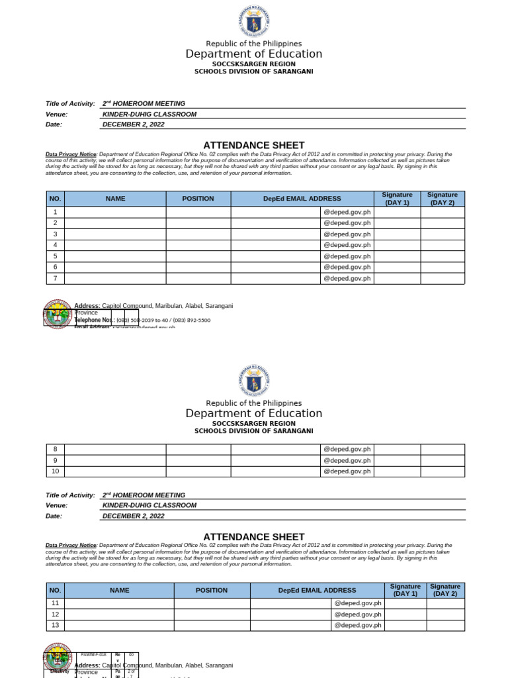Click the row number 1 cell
coord(56,212)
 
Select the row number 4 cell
coord(56,245)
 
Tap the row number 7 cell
coord(56,279)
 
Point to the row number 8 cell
coord(56,450)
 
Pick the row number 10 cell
coord(56,471)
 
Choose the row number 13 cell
coord(56,625)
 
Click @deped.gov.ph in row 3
coord(347,234)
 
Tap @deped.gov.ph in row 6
coord(347,267)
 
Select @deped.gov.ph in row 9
coord(347,460)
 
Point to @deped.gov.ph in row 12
coord(358,614)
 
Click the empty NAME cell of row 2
coord(115,223)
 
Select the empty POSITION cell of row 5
coord(198,256)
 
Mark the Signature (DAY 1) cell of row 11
coord(405,603)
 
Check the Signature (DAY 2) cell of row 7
coord(443,279)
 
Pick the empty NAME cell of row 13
coord(119,625)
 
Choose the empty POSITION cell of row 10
coord(198,471)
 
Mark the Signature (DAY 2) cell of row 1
coord(443,212)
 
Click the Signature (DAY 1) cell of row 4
coord(397,245)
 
